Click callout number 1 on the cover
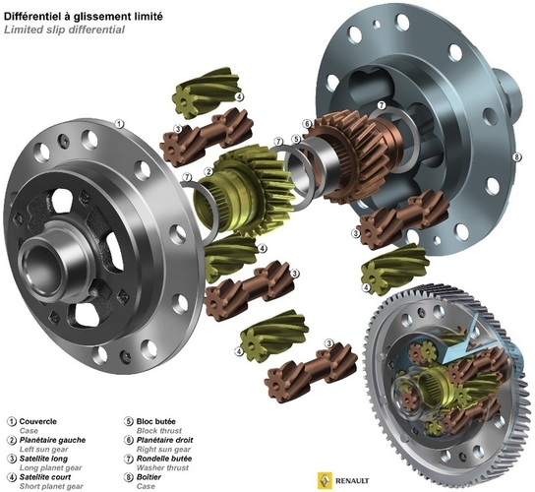(x=119, y=124)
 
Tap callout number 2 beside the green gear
(x=208, y=172)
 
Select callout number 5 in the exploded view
(x=296, y=140)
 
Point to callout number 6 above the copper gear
(x=307, y=124)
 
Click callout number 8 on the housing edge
(x=516, y=156)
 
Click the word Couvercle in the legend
(x=38, y=422)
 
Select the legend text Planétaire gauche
(x=52, y=440)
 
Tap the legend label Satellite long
(x=43, y=459)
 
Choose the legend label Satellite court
(x=45, y=477)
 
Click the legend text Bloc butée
(x=156, y=422)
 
